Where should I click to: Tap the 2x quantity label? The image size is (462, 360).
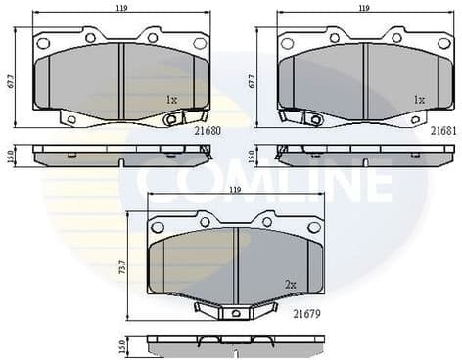(290, 284)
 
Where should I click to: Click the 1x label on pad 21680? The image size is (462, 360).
(171, 99)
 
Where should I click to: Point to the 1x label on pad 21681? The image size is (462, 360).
(419, 99)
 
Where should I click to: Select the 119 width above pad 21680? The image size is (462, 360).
(122, 8)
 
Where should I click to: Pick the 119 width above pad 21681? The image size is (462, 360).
(363, 8)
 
